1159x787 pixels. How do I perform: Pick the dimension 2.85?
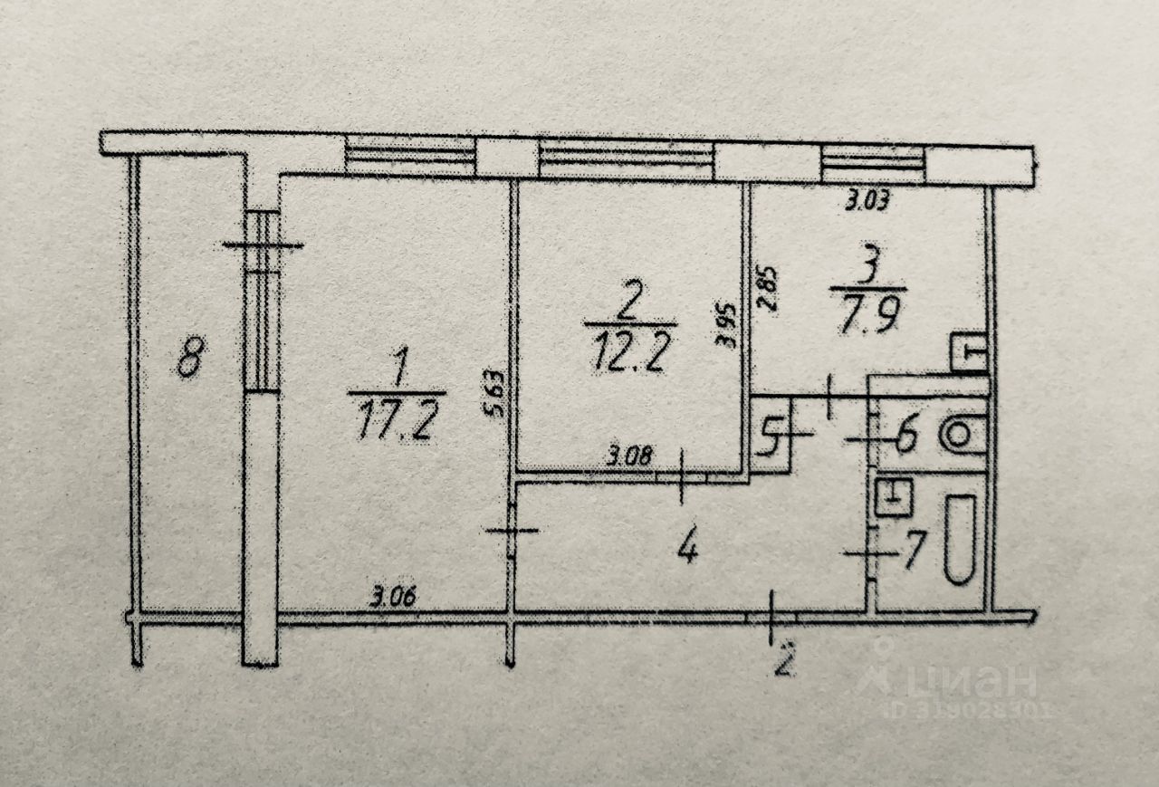pos(768,288)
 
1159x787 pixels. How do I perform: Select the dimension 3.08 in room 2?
pos(627,456)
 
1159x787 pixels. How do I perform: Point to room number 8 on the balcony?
pos(188,356)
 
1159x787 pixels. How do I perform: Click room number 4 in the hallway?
pos(688,547)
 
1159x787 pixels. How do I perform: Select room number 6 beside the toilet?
pos(906,438)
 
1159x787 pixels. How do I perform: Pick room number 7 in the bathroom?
pos(914,549)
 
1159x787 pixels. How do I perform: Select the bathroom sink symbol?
pos(894,497)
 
